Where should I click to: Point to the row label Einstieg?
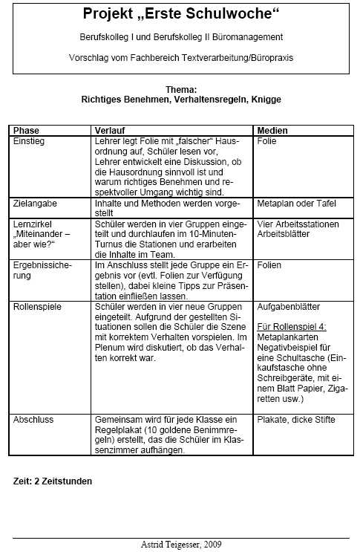pos(30,140)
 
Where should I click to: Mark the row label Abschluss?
pos(34,420)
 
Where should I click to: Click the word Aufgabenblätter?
pos(287,305)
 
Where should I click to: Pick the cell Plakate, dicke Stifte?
pos(295,420)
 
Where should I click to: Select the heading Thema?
pos(182,88)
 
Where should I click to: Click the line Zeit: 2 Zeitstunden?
pos(53,481)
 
